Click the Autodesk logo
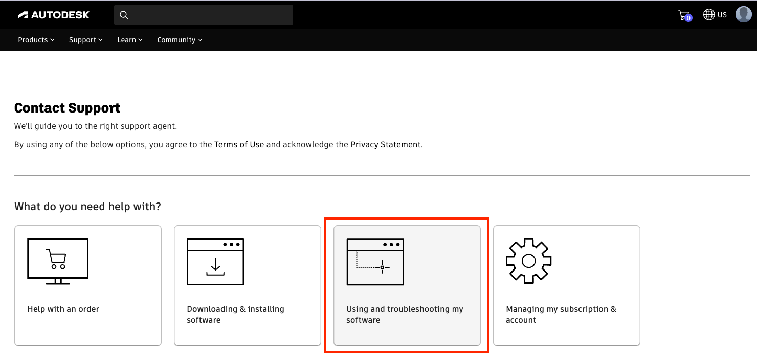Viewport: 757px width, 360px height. pyautogui.click(x=54, y=15)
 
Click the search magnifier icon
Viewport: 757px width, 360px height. pyautogui.click(x=124, y=15)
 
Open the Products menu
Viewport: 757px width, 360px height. pyautogui.click(x=36, y=40)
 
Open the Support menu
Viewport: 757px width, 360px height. pyautogui.click(x=86, y=40)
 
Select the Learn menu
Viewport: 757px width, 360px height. pyautogui.click(x=130, y=40)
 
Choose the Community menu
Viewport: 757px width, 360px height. pyautogui.click(x=180, y=40)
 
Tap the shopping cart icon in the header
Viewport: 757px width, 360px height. pyautogui.click(x=684, y=15)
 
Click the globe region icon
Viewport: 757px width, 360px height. pyautogui.click(x=709, y=14)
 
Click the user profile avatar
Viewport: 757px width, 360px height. pyautogui.click(x=743, y=14)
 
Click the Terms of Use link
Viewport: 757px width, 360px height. pyautogui.click(x=239, y=145)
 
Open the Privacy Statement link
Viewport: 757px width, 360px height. pyautogui.click(x=386, y=145)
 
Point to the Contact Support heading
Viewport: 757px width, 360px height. pyautogui.click(x=68, y=108)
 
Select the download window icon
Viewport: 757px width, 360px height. pyautogui.click(x=215, y=261)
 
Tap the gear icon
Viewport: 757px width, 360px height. pyautogui.click(x=528, y=261)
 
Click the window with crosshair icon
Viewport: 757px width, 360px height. pyautogui.click(x=375, y=261)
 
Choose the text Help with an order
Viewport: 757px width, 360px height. pyautogui.click(x=63, y=309)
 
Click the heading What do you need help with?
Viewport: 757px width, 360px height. pyautogui.click(x=87, y=207)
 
